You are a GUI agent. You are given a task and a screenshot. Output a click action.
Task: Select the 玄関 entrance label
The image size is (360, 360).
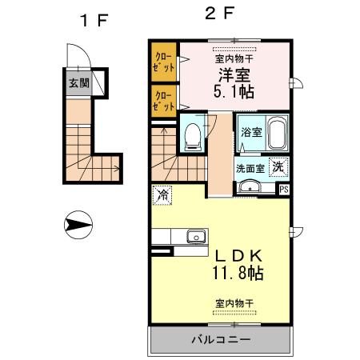point(79,82)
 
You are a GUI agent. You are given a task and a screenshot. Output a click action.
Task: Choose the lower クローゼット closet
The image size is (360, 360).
point(164,101)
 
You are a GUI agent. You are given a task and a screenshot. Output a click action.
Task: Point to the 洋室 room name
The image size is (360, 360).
point(234,75)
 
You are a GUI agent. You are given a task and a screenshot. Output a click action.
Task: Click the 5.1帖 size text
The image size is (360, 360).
point(234,92)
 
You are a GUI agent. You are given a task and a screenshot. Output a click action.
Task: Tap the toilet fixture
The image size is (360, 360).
point(192,138)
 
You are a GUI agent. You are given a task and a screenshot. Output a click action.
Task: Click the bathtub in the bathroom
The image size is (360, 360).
point(277,133)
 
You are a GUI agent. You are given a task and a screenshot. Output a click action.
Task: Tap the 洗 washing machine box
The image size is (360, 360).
point(278,167)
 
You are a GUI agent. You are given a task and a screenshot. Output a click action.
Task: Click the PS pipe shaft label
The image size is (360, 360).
point(283,189)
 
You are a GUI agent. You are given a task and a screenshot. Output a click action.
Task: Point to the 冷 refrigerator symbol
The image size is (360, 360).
point(162,194)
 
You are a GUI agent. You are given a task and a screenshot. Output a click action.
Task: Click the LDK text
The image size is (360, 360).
point(233,255)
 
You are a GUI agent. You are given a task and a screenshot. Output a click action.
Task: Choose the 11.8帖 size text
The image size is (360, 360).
point(234,273)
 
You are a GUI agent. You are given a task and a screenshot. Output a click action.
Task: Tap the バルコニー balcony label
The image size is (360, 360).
point(220,340)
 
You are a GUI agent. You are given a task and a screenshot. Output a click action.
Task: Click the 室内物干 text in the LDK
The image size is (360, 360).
point(234,302)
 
